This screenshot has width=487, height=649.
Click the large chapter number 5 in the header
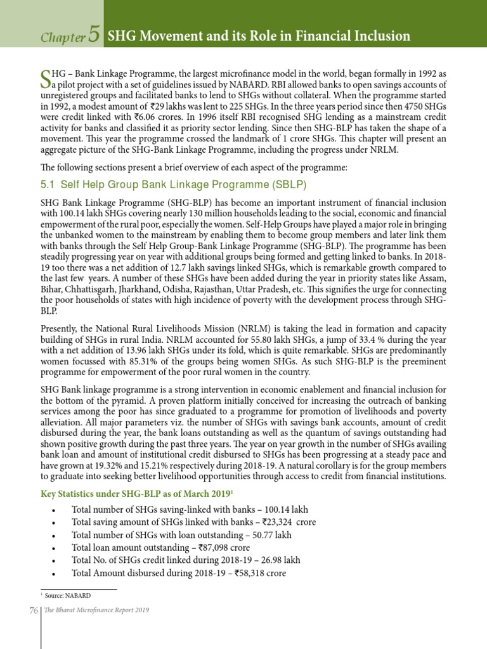pos(94,35)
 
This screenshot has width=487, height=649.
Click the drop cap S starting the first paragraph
pos(45,79)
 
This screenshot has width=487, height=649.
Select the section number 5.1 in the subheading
pos(49,184)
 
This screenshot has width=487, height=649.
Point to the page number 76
pos(34,610)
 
